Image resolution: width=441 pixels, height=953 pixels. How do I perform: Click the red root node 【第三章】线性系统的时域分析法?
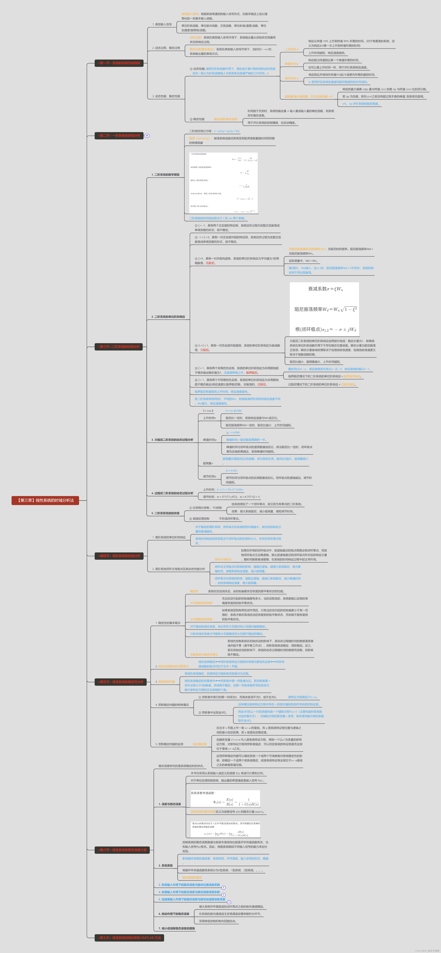pos(45,501)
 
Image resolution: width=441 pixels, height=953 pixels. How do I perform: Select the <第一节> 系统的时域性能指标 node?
pos(119,63)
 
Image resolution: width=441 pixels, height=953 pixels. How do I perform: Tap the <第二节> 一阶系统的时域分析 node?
pos(119,136)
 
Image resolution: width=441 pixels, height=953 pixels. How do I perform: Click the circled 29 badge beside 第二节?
pos(147,136)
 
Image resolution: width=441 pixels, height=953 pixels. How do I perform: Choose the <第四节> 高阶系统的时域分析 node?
pos(119,556)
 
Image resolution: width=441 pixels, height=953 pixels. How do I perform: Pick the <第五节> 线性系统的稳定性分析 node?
pos(120,682)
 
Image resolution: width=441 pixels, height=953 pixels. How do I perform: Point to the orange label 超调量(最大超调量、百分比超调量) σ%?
pos(308,97)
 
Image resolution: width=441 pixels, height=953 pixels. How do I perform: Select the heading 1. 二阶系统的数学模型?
pos(166,175)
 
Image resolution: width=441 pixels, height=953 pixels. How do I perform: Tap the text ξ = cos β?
pos(208,411)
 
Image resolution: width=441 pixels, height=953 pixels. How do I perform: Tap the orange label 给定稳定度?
pos(200,744)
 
